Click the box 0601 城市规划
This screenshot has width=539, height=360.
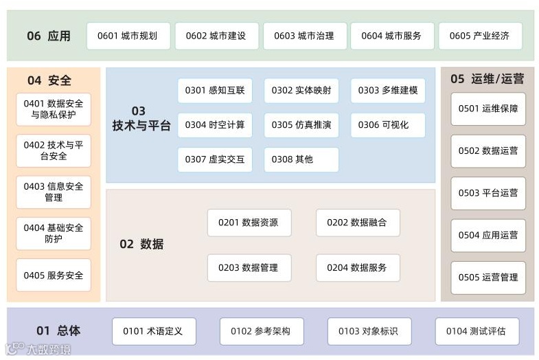128,36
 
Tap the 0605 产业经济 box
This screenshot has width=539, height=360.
480,36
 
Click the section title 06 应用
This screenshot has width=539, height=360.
48,36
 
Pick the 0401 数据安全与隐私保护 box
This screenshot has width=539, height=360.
54,109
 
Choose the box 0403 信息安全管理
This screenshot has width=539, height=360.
54,192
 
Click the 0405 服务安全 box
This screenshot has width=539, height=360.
54,275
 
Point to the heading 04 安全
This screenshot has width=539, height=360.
49,80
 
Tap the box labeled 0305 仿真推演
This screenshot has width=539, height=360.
301,125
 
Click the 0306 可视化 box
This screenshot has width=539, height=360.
388,125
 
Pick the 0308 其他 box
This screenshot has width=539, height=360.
301,159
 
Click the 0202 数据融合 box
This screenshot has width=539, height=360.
357,223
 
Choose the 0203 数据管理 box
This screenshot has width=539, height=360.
249,267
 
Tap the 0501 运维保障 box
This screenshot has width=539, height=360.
488,109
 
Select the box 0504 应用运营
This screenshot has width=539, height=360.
488,235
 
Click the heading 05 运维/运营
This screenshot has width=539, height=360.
487,79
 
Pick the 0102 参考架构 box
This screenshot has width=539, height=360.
260,331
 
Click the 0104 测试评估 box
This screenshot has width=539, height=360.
476,331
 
